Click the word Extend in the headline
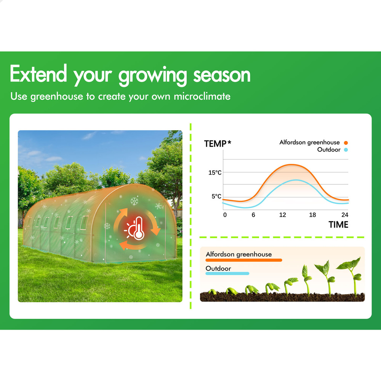click(38, 74)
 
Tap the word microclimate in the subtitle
click(202, 96)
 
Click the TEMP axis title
click(218, 144)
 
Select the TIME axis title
click(338, 224)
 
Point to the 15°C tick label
click(215, 173)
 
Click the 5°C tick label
click(216, 196)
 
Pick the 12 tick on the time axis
click(282, 215)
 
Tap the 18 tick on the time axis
click(312, 215)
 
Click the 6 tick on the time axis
click(253, 215)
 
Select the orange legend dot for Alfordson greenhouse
click(346, 143)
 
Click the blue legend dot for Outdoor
click(346, 150)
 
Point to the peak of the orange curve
click(291, 165)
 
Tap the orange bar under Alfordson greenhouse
click(244, 260)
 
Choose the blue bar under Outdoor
click(227, 274)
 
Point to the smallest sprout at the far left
click(212, 292)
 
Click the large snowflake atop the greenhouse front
click(134, 201)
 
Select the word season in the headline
click(222, 75)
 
